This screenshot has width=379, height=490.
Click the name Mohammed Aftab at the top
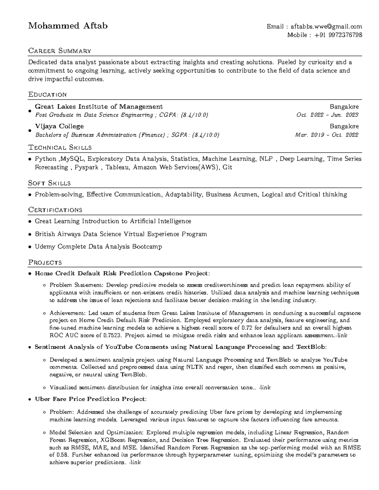[x=68, y=26]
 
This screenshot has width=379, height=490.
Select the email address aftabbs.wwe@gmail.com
[x=326, y=27]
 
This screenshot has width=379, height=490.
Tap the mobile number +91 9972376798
[x=338, y=35]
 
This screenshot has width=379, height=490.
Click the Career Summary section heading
[x=60, y=50]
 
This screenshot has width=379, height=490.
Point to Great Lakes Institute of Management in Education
[x=99, y=107]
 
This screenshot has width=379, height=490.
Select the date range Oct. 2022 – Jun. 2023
[x=327, y=115]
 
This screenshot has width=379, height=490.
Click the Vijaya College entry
[x=59, y=126]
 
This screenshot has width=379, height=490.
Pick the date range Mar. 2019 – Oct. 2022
[x=327, y=135]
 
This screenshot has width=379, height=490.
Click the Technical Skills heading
[x=60, y=147]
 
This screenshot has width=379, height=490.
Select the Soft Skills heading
[x=49, y=183]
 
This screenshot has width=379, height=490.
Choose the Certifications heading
[x=55, y=210]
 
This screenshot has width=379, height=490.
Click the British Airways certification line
[x=121, y=234]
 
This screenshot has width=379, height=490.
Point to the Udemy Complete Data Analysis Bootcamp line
[x=98, y=247]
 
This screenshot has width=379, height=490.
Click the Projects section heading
[x=45, y=262]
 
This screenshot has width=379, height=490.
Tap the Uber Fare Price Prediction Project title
[x=90, y=399]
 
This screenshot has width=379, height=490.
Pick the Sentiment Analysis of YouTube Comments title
[x=180, y=347]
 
